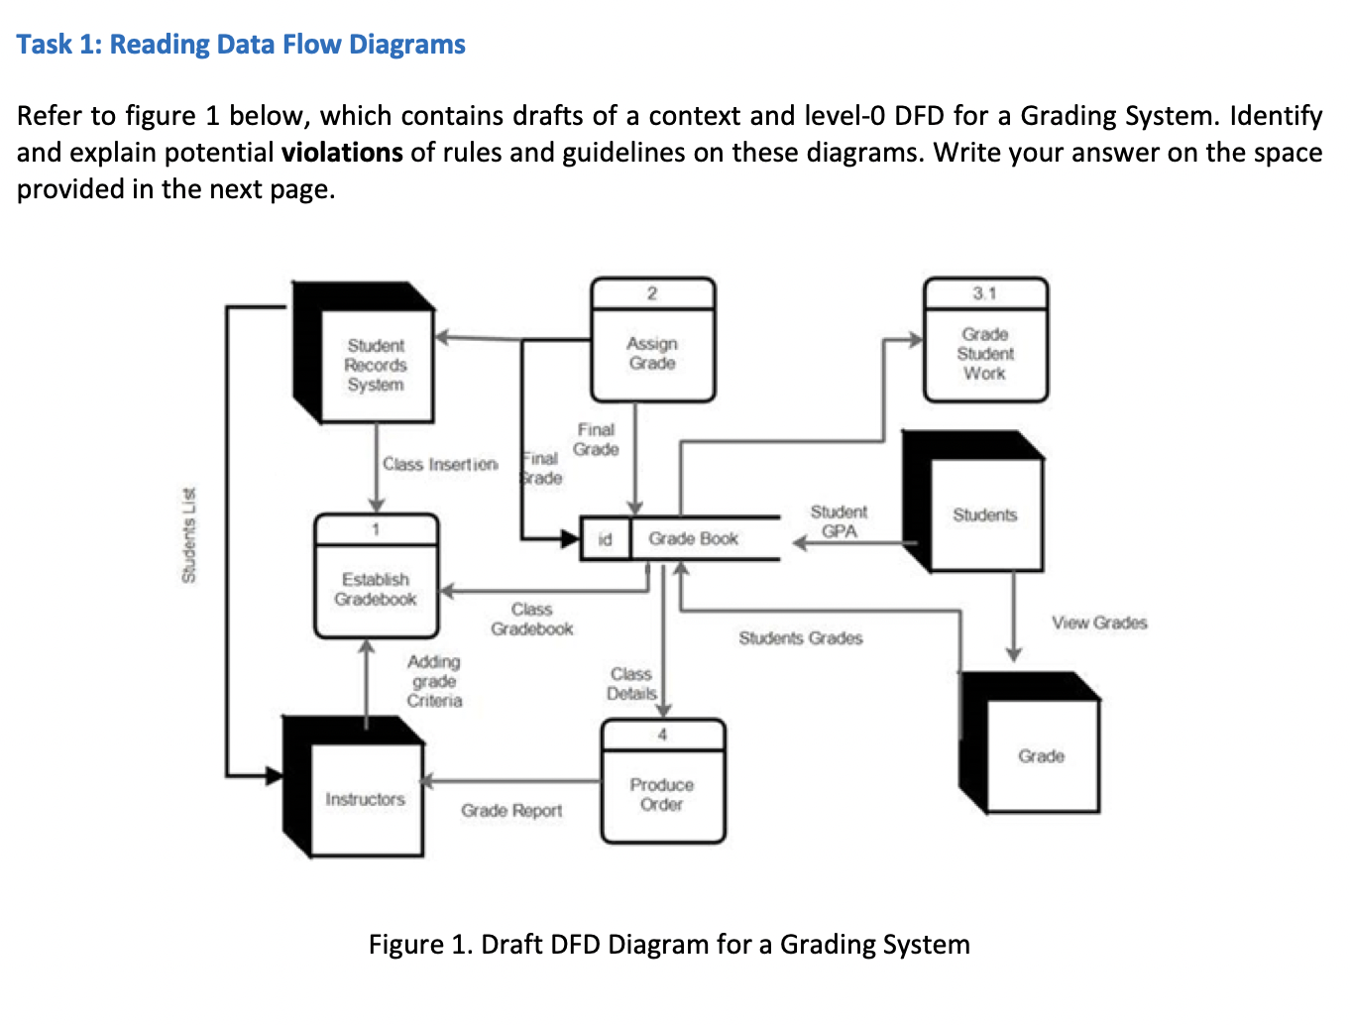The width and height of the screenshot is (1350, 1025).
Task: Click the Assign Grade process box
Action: coord(652,353)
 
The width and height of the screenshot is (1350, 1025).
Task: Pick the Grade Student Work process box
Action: coord(984,353)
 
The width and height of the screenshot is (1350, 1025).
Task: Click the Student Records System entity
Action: coord(376,365)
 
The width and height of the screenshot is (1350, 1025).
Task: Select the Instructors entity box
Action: coord(365,799)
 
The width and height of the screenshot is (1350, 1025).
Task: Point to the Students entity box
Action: coord(984,514)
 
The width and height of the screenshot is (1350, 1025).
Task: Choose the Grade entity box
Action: coord(1041,755)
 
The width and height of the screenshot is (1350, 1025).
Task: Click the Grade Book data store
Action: coord(694,538)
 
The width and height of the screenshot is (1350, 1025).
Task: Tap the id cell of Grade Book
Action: coord(605,539)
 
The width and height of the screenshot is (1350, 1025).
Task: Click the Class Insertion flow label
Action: coord(440,464)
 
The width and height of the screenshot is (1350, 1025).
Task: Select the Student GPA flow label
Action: coord(839,521)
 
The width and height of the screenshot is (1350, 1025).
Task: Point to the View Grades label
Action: coord(1099,623)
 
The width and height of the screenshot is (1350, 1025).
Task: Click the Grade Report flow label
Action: coord(510,810)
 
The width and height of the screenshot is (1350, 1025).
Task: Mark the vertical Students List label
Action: coord(188,535)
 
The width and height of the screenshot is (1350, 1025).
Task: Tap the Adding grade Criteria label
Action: coord(434,681)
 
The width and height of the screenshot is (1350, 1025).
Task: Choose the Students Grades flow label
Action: coord(800,638)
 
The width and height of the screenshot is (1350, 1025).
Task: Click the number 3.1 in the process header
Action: coord(984,293)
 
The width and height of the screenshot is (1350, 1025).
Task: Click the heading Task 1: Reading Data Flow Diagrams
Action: coord(241,45)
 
